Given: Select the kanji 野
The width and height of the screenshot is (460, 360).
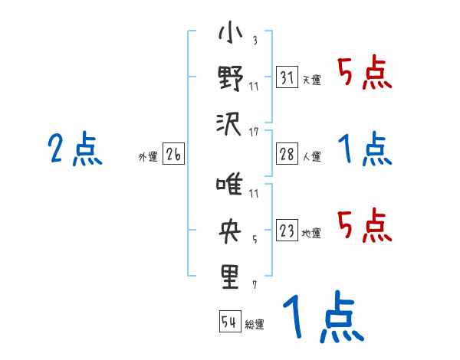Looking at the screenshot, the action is click(x=230, y=79).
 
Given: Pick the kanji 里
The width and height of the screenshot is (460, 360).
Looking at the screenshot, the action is click(x=230, y=275).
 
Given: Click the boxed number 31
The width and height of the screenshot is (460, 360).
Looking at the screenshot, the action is click(x=287, y=78).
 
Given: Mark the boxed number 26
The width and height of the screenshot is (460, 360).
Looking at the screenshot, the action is click(x=173, y=155).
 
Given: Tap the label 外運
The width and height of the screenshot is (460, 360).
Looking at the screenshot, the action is click(x=148, y=157).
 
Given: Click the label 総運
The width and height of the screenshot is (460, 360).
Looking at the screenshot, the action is click(x=255, y=324).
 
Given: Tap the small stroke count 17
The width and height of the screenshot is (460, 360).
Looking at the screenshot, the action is click(x=254, y=132).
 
